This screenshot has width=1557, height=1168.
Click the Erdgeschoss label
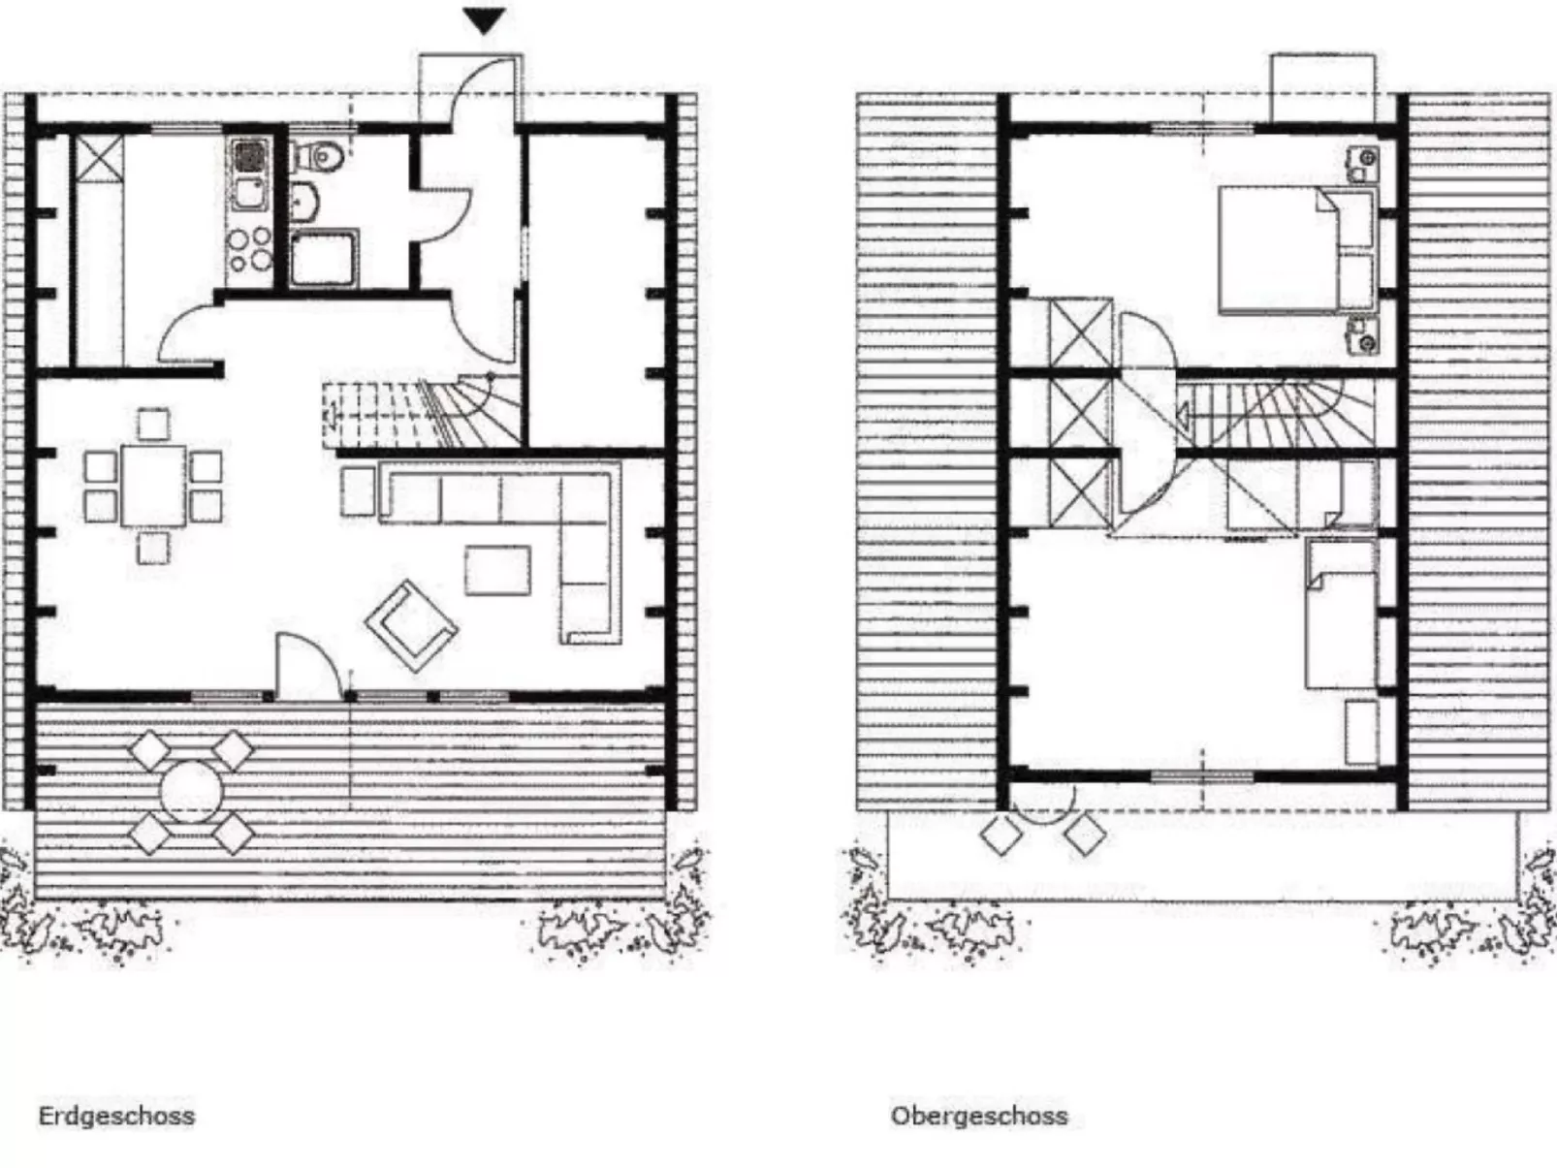pyautogui.click(x=116, y=1116)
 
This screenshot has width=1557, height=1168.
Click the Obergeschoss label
pyautogui.click(x=979, y=1116)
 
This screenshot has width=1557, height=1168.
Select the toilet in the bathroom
pyautogui.click(x=320, y=155)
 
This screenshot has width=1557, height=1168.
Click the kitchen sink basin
pyautogui.click(x=249, y=155)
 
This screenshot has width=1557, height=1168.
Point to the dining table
pyautogui.click(x=152, y=485)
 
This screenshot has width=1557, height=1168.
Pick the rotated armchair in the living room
pyautogui.click(x=411, y=625)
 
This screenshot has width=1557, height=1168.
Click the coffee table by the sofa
pyautogui.click(x=497, y=570)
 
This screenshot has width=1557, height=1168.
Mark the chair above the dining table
pyautogui.click(x=153, y=425)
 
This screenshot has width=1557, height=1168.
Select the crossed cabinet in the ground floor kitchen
pyautogui.click(x=100, y=159)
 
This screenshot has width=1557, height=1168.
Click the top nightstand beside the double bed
pyautogui.click(x=1363, y=163)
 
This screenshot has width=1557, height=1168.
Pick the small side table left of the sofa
pyautogui.click(x=358, y=491)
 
